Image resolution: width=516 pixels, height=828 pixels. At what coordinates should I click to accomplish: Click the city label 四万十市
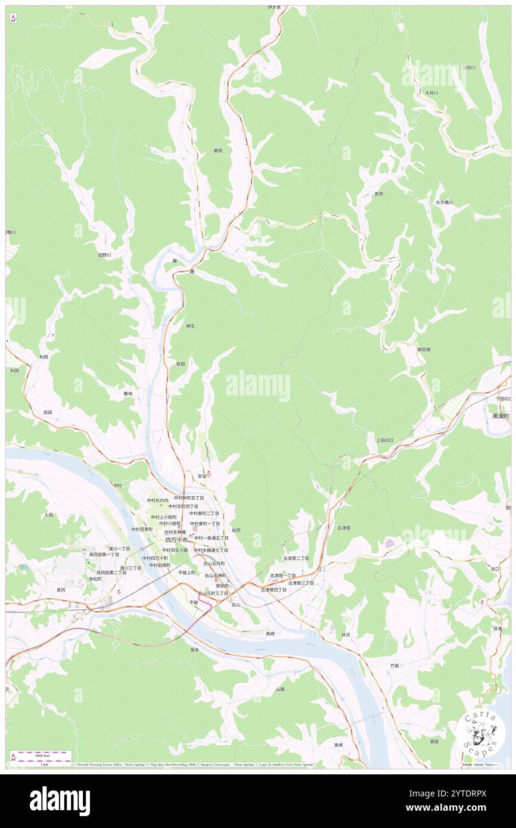176,540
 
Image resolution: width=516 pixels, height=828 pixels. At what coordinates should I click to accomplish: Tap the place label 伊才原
274,8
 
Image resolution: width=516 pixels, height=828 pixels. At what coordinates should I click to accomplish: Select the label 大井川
431,93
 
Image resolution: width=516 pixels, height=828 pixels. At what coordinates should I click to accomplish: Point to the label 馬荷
378,194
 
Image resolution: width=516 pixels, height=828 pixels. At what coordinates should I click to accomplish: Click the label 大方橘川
444,203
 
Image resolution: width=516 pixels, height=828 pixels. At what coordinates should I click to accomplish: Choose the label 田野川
105,255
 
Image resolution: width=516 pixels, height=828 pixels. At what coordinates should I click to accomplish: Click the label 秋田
181,363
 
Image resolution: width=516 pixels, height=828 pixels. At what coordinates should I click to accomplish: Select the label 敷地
128,393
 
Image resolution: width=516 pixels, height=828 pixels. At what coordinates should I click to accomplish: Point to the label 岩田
48,412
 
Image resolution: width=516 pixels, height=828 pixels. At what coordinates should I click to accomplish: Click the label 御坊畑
423,349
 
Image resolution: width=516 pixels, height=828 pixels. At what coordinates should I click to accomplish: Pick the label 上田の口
385,440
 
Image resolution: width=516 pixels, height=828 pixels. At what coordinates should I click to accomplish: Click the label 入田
49,514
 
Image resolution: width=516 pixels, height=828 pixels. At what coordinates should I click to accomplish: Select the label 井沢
346,635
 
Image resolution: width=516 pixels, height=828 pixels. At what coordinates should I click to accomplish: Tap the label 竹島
394,665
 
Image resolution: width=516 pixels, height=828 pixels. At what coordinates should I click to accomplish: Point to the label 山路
280,689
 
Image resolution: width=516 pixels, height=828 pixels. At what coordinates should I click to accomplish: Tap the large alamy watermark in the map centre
258,386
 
